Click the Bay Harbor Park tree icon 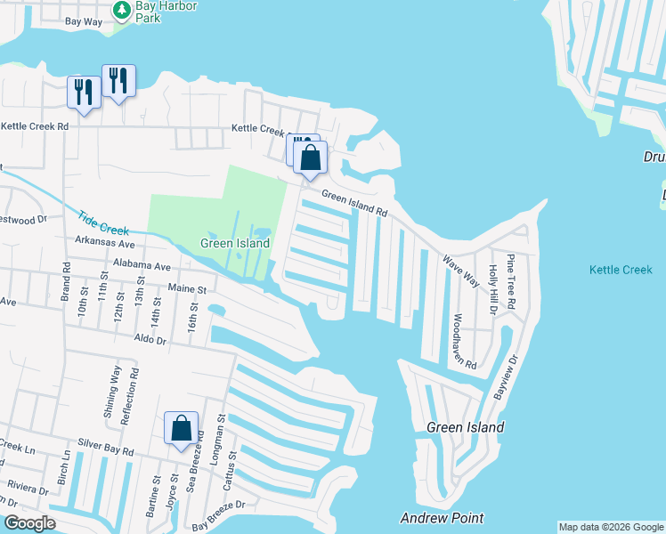[123, 10]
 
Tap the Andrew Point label [442, 518]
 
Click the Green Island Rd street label [354, 205]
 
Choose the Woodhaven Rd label [464, 341]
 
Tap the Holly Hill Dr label [491, 290]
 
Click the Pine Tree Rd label [511, 281]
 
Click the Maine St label [187, 289]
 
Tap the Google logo [28, 523]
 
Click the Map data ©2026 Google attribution [611, 527]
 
